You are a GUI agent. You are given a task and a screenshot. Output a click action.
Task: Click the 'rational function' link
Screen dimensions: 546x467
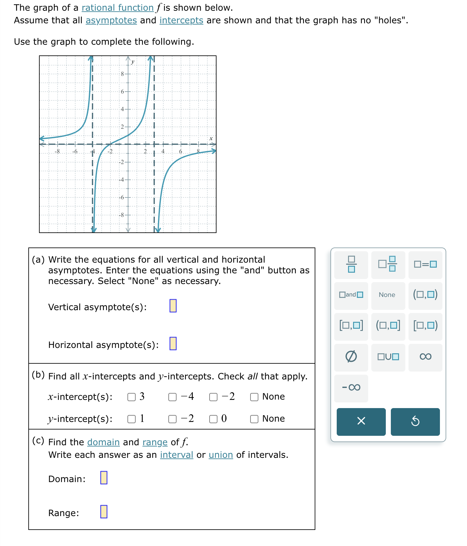(x=117, y=8)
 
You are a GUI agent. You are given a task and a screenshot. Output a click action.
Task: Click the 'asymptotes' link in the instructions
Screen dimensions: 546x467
(x=111, y=20)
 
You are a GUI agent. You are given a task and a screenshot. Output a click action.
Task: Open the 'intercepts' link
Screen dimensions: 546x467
(x=181, y=20)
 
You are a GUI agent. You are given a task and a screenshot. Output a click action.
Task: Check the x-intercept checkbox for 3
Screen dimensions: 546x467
(x=132, y=397)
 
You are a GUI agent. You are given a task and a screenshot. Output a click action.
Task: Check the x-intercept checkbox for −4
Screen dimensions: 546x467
(x=172, y=397)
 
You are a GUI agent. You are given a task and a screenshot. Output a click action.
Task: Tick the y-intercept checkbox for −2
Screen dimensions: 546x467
(x=172, y=419)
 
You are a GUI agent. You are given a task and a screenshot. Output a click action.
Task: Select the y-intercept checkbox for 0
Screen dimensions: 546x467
(x=213, y=419)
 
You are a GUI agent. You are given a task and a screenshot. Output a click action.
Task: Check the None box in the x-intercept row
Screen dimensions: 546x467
(x=254, y=397)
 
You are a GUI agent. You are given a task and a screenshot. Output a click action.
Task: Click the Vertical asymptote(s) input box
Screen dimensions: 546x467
(x=173, y=306)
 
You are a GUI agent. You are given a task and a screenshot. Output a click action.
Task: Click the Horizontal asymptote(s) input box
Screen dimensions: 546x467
(x=173, y=344)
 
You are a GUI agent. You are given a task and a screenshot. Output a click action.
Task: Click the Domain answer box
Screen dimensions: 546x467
(x=104, y=478)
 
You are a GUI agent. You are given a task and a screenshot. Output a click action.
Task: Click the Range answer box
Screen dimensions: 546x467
(x=104, y=512)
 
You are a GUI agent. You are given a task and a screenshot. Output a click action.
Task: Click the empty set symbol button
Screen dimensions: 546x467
(x=351, y=357)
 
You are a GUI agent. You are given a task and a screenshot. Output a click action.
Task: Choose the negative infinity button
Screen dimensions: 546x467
(x=351, y=388)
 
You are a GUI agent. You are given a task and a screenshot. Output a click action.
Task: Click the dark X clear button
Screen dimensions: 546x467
(x=361, y=421)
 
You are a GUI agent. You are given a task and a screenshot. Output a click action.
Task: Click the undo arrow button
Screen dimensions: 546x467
(x=415, y=421)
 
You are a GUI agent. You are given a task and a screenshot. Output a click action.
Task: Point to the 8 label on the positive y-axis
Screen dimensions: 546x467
(x=122, y=74)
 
